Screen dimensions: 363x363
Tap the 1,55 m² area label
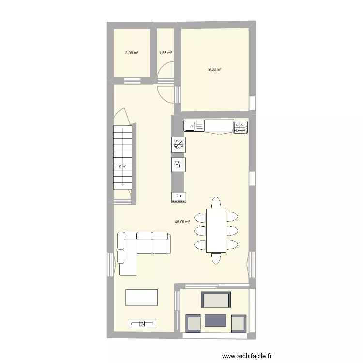pos(166,53)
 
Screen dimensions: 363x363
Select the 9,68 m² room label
pos(215,69)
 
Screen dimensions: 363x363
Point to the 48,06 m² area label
pos(182,222)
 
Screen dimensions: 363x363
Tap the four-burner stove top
pos(241,127)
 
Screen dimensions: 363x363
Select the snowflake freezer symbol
pos(178,145)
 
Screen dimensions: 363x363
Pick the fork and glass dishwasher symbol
pos(178,165)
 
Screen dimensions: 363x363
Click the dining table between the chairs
pos(216,230)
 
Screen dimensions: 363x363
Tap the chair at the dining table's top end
pos(216,202)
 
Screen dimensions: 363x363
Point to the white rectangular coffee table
pos(142,297)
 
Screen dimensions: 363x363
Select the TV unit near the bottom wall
pos(142,324)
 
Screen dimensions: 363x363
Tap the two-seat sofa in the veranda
pos(216,301)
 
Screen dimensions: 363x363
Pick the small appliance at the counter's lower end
pos(178,197)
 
